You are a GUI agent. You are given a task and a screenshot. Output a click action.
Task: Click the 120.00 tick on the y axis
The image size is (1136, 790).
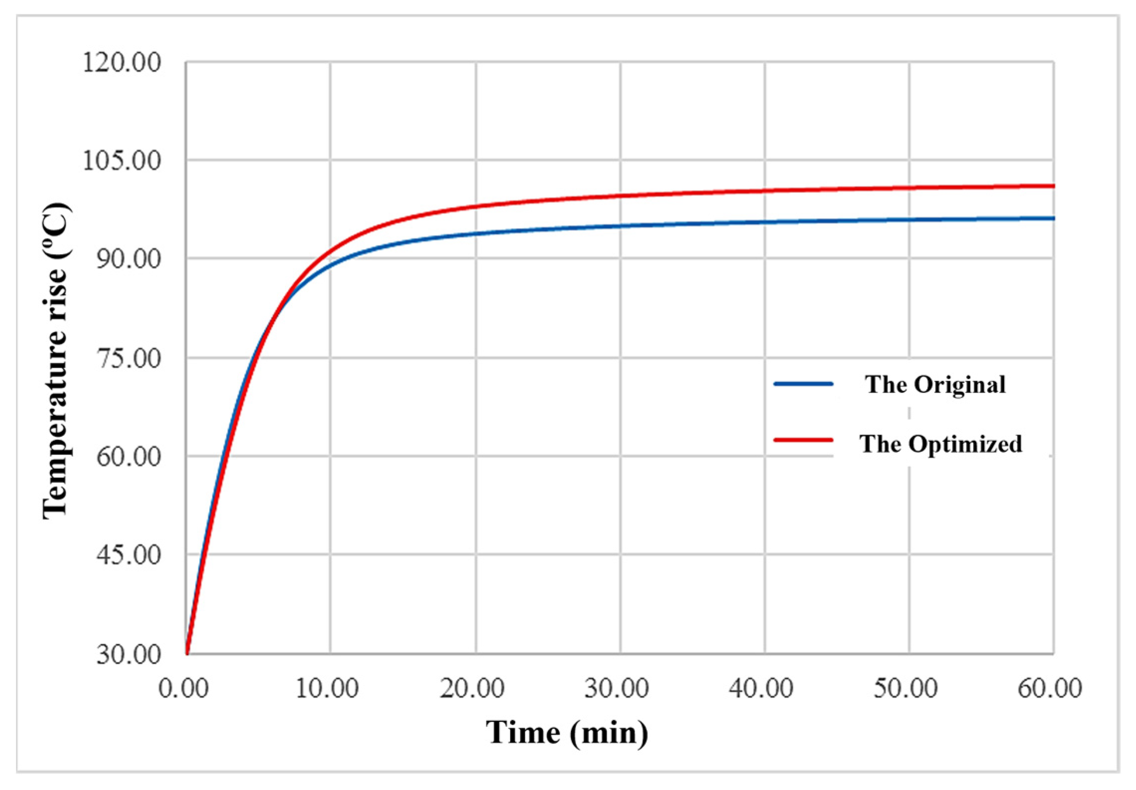click(122, 63)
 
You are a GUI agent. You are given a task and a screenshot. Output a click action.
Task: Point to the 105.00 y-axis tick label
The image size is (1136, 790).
click(122, 161)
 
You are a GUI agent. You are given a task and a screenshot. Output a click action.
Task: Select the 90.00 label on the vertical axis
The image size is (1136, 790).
click(128, 260)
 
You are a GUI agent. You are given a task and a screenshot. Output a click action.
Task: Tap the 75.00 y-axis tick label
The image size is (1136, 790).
click(128, 358)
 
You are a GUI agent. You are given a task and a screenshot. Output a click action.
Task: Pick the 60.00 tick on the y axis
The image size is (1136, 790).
click(128, 456)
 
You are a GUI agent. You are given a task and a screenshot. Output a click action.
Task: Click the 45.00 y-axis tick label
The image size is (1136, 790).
click(128, 554)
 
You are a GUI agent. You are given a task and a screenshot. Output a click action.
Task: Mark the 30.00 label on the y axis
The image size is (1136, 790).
click(128, 654)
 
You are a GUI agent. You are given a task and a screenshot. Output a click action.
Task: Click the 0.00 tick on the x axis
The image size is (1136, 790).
click(183, 688)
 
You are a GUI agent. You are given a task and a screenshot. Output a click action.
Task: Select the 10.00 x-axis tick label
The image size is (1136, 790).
click(327, 688)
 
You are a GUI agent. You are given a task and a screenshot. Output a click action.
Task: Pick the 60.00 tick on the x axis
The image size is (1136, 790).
click(1050, 688)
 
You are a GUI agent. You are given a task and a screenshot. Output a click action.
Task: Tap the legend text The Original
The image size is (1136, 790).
click(935, 385)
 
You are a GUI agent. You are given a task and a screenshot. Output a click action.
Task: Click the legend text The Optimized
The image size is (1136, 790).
click(941, 444)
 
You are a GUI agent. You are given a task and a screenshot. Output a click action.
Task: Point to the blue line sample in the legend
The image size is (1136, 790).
click(803, 384)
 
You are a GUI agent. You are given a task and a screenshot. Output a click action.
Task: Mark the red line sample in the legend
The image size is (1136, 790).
click(803, 440)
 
